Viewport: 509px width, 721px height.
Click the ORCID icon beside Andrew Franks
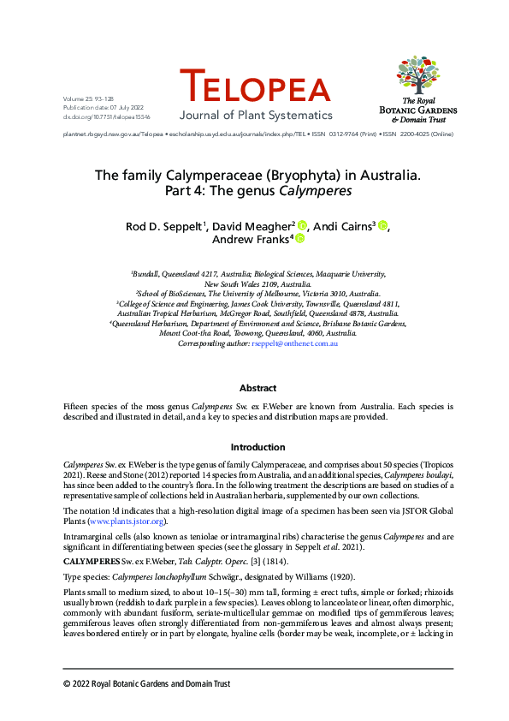point(300,241)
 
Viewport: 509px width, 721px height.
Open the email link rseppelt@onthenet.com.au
point(294,343)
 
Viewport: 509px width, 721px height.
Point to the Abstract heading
point(257,388)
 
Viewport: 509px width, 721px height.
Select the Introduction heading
point(257,447)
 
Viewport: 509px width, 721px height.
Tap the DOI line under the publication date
point(96,116)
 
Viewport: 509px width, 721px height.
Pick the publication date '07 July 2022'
point(117,109)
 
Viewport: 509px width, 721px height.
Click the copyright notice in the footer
point(147,683)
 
